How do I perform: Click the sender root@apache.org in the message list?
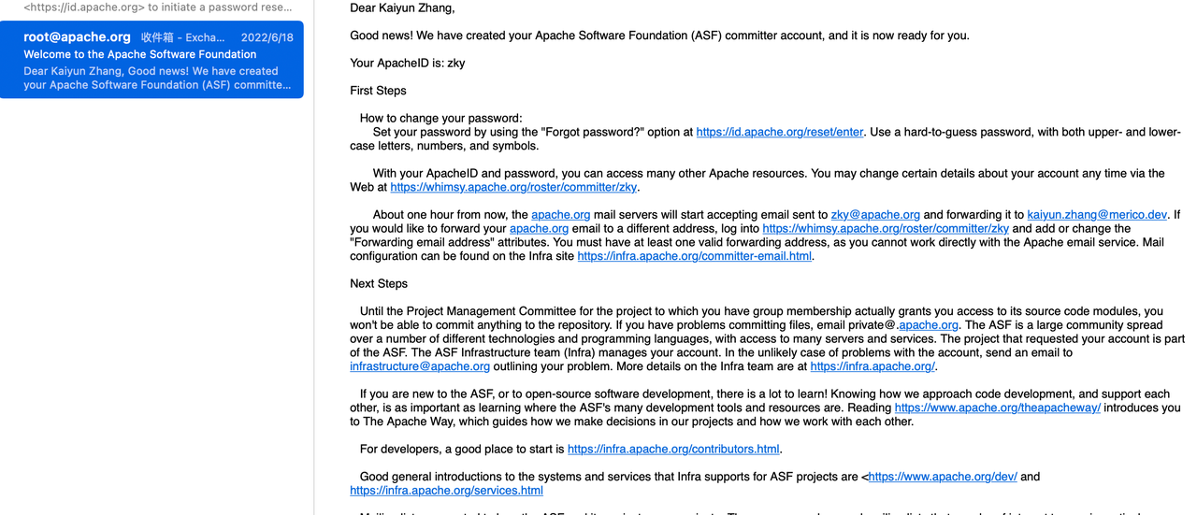tap(77, 37)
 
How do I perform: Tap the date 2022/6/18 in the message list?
tap(267, 38)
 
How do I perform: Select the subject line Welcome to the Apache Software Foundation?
tap(140, 54)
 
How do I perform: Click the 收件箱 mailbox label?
tap(158, 38)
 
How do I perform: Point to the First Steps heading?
tap(378, 91)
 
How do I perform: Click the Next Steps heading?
tap(379, 283)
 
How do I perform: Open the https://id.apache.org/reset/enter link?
tap(779, 132)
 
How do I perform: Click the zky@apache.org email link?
tap(875, 214)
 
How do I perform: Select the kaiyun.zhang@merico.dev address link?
tap(1097, 214)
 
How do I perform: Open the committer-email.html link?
tap(695, 256)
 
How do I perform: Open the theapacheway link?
tap(997, 408)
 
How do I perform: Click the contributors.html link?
tap(673, 449)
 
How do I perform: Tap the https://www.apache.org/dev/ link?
tap(943, 477)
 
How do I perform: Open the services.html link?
tap(446, 490)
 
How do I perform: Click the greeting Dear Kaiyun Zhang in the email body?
tap(402, 8)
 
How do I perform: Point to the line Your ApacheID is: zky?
tap(408, 64)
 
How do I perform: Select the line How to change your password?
tap(440, 118)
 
